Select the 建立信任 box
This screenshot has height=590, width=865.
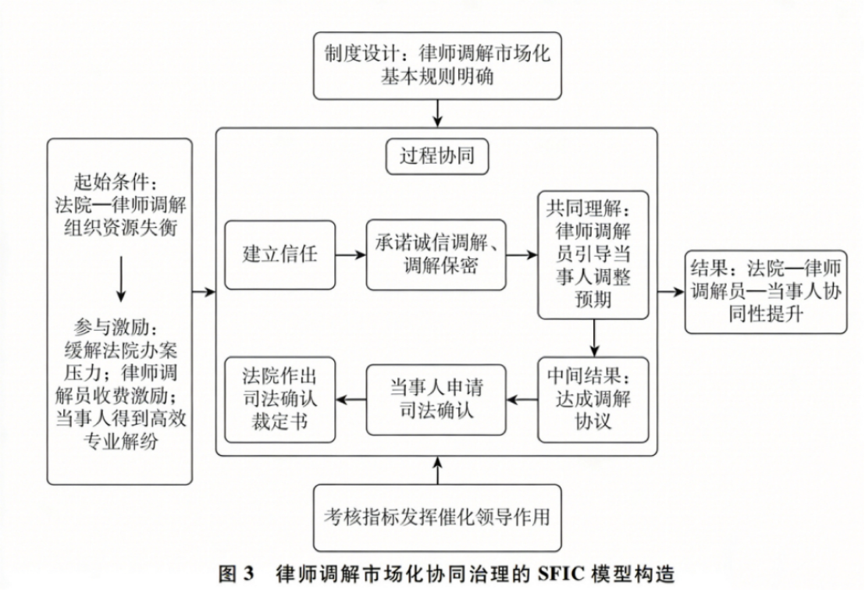(279, 254)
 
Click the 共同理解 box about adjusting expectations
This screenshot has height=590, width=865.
(593, 254)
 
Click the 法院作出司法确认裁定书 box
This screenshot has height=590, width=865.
(279, 398)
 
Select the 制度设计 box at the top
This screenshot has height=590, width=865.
(437, 66)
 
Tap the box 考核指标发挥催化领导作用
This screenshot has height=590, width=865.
(437, 517)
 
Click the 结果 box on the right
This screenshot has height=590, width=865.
(765, 292)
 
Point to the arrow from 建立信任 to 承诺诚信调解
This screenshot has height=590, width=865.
(351, 254)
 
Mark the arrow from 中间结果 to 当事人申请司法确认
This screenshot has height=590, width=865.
(521, 400)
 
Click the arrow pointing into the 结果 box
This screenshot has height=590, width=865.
(670, 293)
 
